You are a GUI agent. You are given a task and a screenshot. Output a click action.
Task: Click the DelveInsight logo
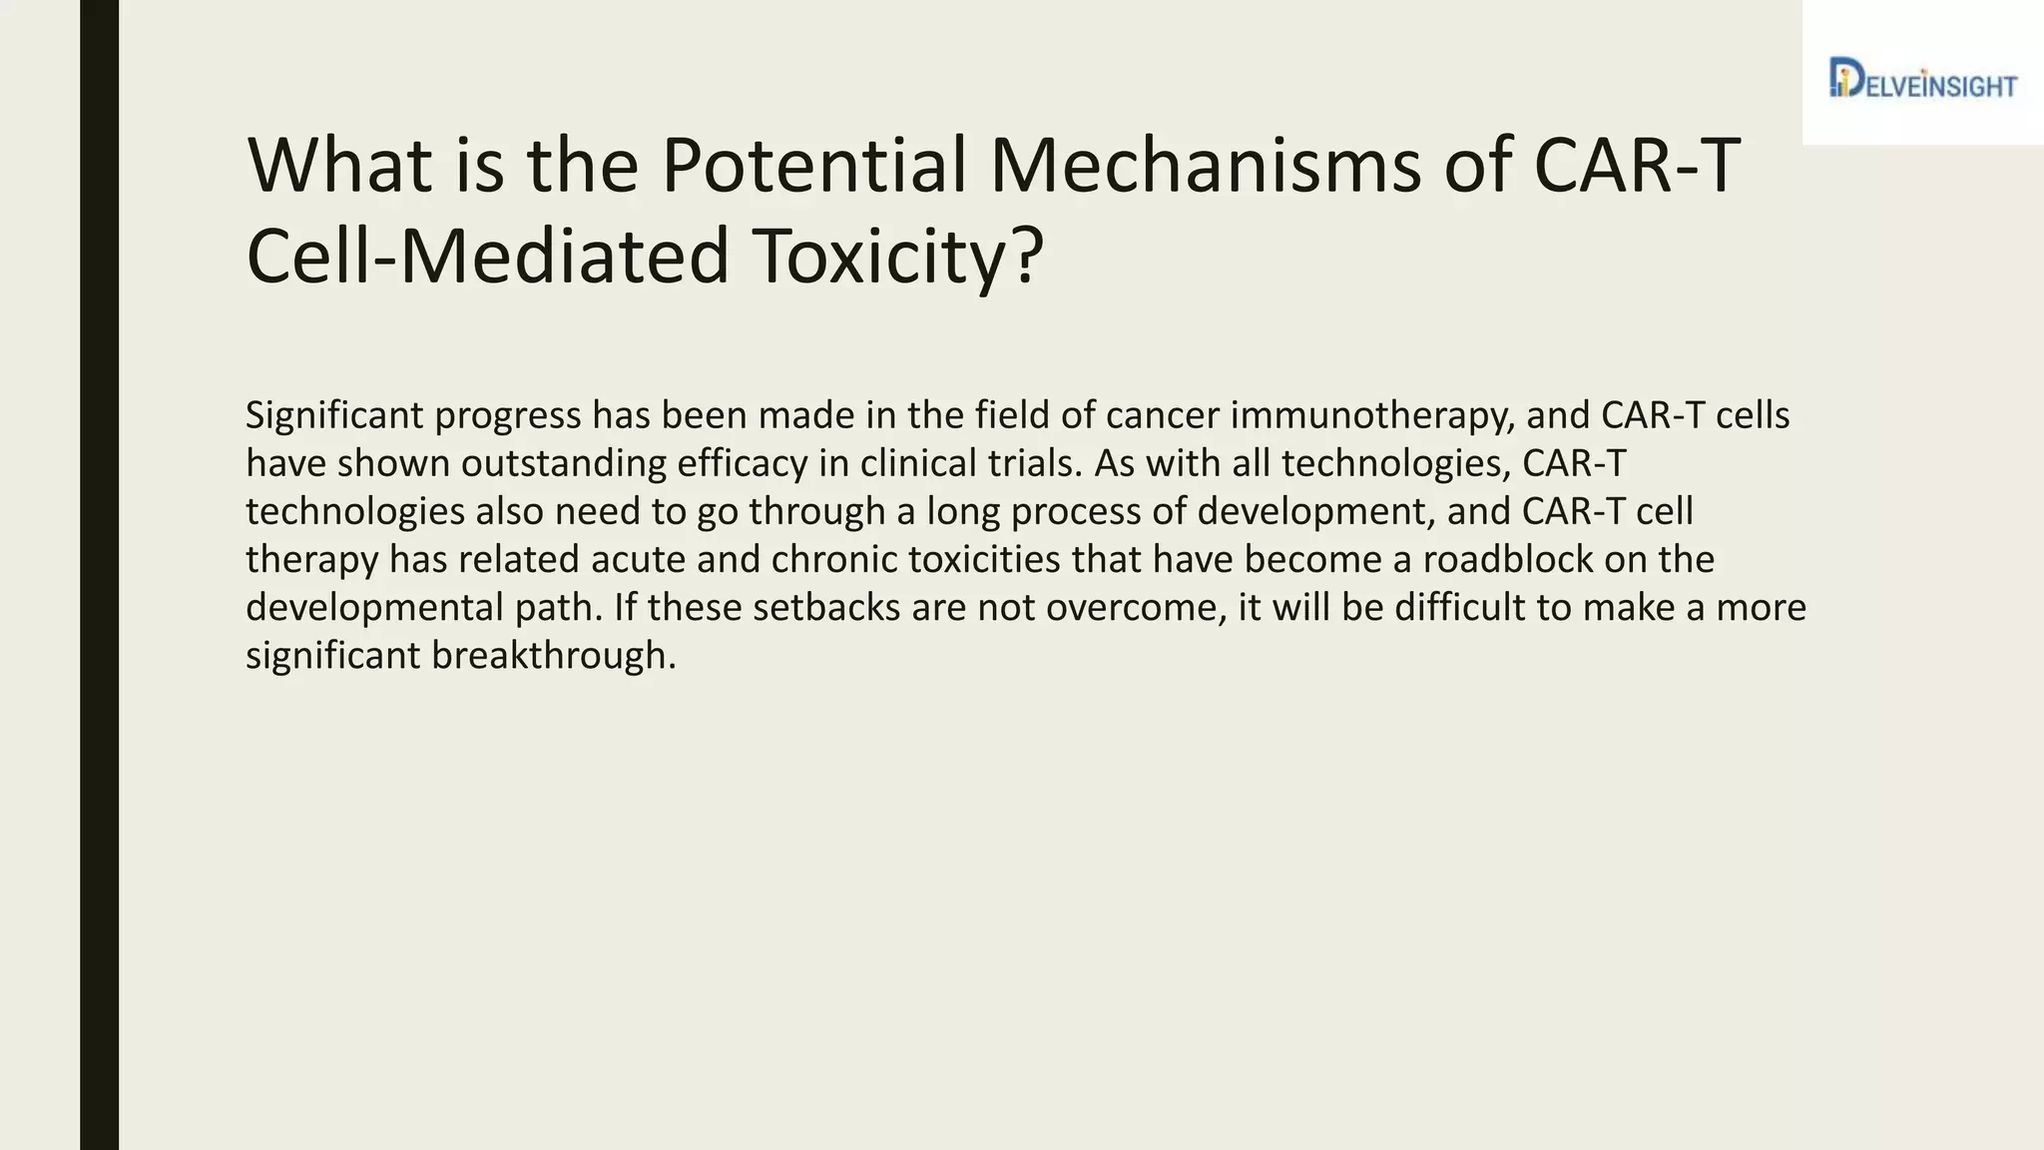tap(1922, 79)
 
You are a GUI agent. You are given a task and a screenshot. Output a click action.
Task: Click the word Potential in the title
tap(814, 165)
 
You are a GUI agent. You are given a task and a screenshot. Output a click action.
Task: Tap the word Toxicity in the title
tap(895, 257)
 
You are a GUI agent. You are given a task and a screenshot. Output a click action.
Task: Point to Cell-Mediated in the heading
tap(488, 257)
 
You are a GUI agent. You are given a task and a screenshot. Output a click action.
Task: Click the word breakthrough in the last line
tap(553, 655)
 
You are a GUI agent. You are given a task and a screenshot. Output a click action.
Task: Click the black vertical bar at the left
tap(99, 575)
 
